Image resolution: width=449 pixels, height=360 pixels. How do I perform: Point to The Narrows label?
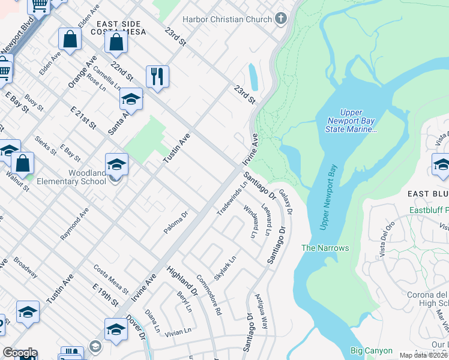point(325,248)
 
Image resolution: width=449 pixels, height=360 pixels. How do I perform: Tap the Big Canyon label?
point(372,351)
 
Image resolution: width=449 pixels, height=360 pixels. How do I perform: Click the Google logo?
point(20,353)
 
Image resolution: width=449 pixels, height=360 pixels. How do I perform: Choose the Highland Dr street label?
point(182,281)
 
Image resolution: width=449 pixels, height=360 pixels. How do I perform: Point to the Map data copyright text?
point(423,355)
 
